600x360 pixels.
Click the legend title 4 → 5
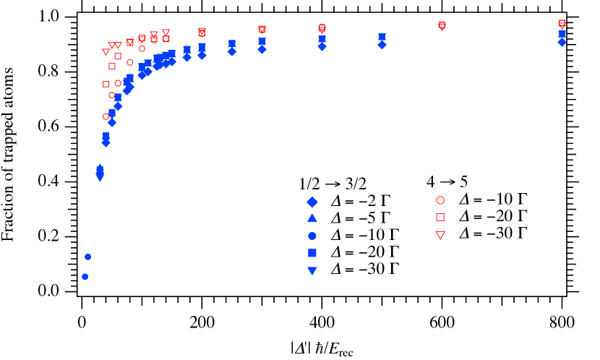(x=447, y=182)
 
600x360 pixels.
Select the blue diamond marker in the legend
(x=312, y=202)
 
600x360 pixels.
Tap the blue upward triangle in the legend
(x=312, y=218)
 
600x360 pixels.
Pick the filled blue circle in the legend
(x=312, y=236)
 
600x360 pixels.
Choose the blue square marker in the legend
(x=312, y=252)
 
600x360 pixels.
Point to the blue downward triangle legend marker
(x=312, y=270)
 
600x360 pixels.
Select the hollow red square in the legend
(x=440, y=217)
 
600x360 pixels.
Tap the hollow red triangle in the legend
(x=440, y=234)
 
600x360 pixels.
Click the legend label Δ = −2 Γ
(x=361, y=202)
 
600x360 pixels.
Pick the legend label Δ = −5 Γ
(x=361, y=218)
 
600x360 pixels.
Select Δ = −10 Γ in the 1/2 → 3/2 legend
(x=364, y=236)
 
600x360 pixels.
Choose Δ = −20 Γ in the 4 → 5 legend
(x=493, y=217)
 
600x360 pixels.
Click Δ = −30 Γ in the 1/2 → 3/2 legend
(x=364, y=270)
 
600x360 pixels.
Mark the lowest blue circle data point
(x=85, y=276)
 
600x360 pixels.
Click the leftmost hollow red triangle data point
(x=106, y=52)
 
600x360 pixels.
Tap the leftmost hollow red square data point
(x=106, y=84)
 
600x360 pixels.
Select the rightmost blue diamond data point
(x=562, y=43)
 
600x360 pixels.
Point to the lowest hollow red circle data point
(x=106, y=116)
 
